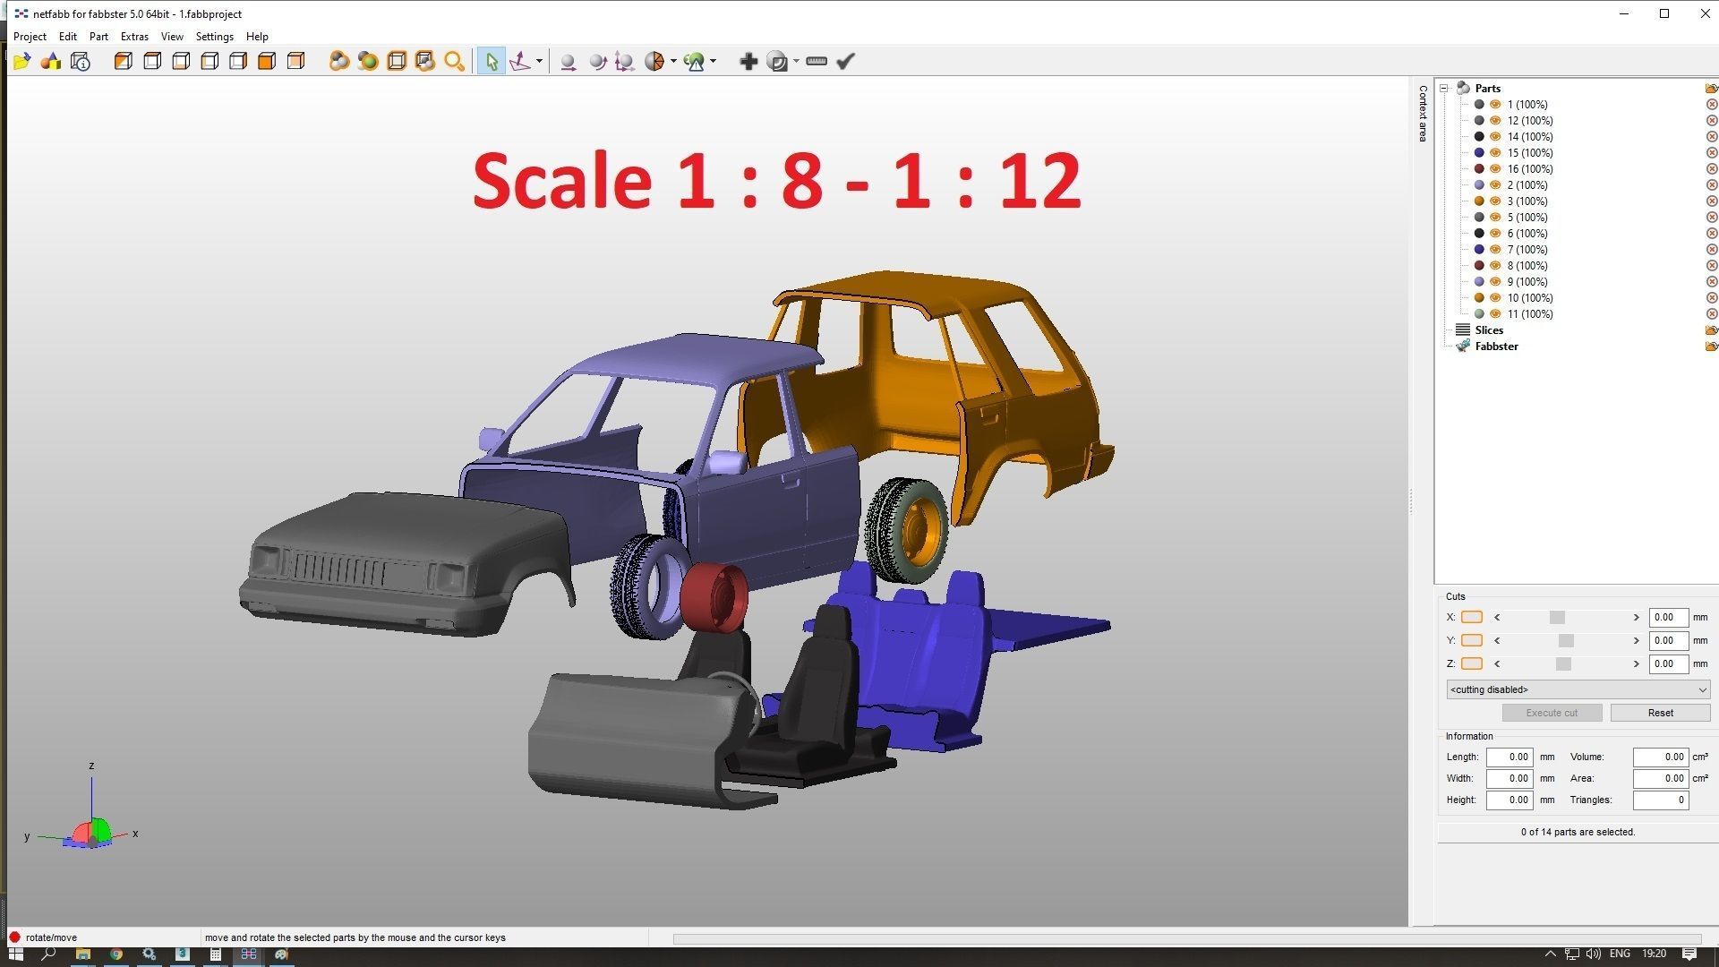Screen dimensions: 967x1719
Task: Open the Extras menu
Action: pyautogui.click(x=134, y=37)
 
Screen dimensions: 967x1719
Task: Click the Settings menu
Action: pyautogui.click(x=214, y=37)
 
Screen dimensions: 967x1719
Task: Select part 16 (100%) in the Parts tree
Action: pyautogui.click(x=1529, y=169)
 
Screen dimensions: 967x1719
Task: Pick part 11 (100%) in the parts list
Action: pyautogui.click(x=1529, y=314)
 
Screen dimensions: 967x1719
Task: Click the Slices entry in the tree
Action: pyautogui.click(x=1489, y=330)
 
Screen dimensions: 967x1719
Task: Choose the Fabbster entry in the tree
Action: pyautogui.click(x=1496, y=347)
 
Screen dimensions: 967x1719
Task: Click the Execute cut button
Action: pyautogui.click(x=1552, y=713)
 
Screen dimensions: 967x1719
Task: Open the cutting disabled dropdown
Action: pyautogui.click(x=1578, y=689)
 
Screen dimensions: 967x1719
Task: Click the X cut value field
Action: pyautogui.click(x=1668, y=618)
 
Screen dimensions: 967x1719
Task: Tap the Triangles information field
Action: pyautogui.click(x=1660, y=800)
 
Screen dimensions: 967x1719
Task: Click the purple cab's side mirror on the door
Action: pyautogui.click(x=725, y=463)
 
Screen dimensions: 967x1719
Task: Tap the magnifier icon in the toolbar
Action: pyautogui.click(x=454, y=62)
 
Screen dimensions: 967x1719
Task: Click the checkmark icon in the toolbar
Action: pyautogui.click(x=845, y=62)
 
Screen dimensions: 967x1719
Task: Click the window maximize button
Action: pyautogui.click(x=1664, y=13)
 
